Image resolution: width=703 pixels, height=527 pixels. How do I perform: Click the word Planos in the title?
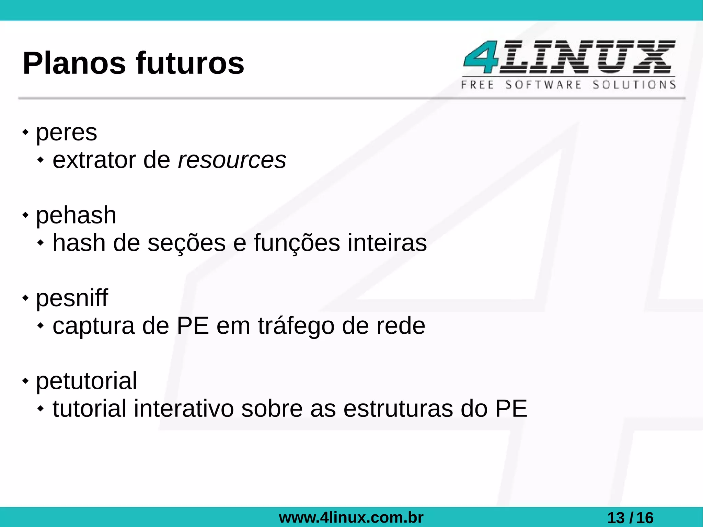pyautogui.click(x=74, y=64)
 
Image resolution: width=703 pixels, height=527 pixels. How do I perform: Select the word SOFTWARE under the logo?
pyautogui.click(x=543, y=85)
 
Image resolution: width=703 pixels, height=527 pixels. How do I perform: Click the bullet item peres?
pyautogui.click(x=67, y=133)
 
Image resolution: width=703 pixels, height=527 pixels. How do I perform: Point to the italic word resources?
pyautogui.click(x=232, y=160)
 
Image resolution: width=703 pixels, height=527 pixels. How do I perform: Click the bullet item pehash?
pyautogui.click(x=76, y=216)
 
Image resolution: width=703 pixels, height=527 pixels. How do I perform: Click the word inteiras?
pyautogui.click(x=387, y=242)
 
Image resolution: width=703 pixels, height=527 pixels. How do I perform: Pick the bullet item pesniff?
pyautogui.click(x=72, y=298)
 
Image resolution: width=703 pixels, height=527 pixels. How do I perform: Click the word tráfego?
pyautogui.click(x=296, y=326)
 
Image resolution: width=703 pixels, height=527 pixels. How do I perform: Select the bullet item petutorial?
pyautogui.click(x=87, y=381)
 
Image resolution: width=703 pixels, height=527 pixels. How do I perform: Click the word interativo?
pyautogui.click(x=184, y=409)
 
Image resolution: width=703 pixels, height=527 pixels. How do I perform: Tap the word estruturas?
pyautogui.click(x=398, y=409)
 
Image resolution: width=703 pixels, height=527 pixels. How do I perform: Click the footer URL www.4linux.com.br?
pyautogui.click(x=351, y=517)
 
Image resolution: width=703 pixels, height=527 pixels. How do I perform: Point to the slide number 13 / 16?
pyautogui.click(x=630, y=518)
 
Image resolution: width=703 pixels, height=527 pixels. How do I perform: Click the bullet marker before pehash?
pyautogui.click(x=25, y=215)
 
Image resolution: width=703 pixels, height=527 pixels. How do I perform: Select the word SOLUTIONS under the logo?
pyautogui.click(x=634, y=85)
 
